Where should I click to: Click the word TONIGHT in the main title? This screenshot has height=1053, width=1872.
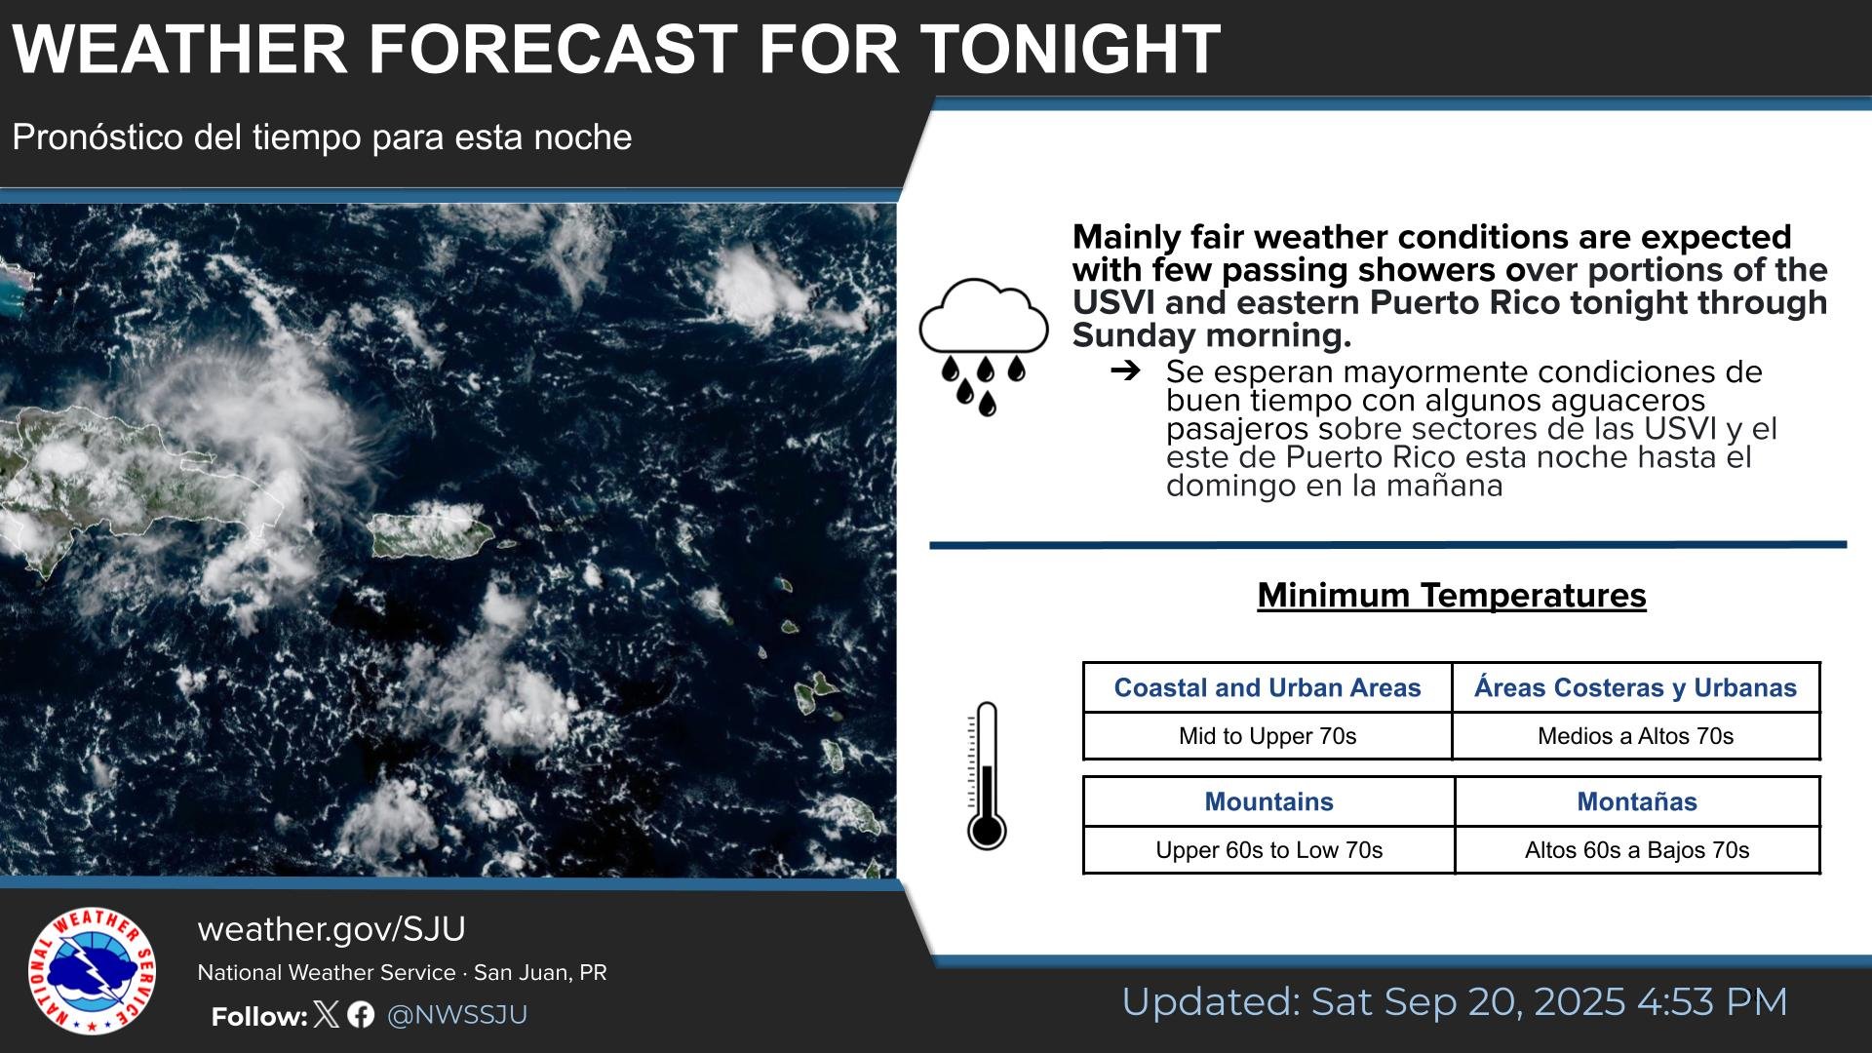point(1070,48)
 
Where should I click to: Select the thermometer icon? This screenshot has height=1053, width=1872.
point(986,775)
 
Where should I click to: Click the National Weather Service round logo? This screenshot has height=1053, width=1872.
point(92,971)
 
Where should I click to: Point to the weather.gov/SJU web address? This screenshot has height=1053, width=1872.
point(331,929)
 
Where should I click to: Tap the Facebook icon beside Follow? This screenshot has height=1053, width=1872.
point(361,1015)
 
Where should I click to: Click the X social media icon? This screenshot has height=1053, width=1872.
point(328,1015)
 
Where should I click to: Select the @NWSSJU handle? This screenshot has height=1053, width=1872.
point(457,1015)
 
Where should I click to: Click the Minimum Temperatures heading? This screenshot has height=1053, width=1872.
point(1452,595)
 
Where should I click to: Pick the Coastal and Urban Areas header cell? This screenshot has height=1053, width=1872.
point(1267,687)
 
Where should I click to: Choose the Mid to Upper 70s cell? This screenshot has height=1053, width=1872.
point(1267,736)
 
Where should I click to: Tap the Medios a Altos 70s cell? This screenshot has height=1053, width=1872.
point(1636,736)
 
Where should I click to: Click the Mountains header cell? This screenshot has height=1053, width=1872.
point(1268,801)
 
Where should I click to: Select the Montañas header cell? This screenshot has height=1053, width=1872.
point(1637,801)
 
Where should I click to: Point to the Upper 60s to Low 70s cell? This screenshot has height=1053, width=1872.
point(1268,850)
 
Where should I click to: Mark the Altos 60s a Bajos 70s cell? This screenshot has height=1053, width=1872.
point(1637,850)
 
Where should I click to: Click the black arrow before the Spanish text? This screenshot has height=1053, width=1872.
point(1125,370)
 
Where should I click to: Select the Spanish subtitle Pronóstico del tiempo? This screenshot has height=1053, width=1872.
point(322,137)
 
